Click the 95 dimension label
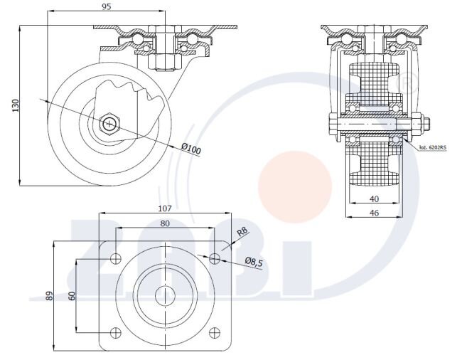(x=106, y=6)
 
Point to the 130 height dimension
(x=14, y=105)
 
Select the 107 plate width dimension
(x=165, y=208)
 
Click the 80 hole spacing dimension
(x=165, y=224)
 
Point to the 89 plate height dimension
(x=49, y=295)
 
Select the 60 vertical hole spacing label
(x=72, y=295)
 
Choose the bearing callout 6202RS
(x=432, y=148)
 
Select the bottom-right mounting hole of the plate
(x=214, y=332)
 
